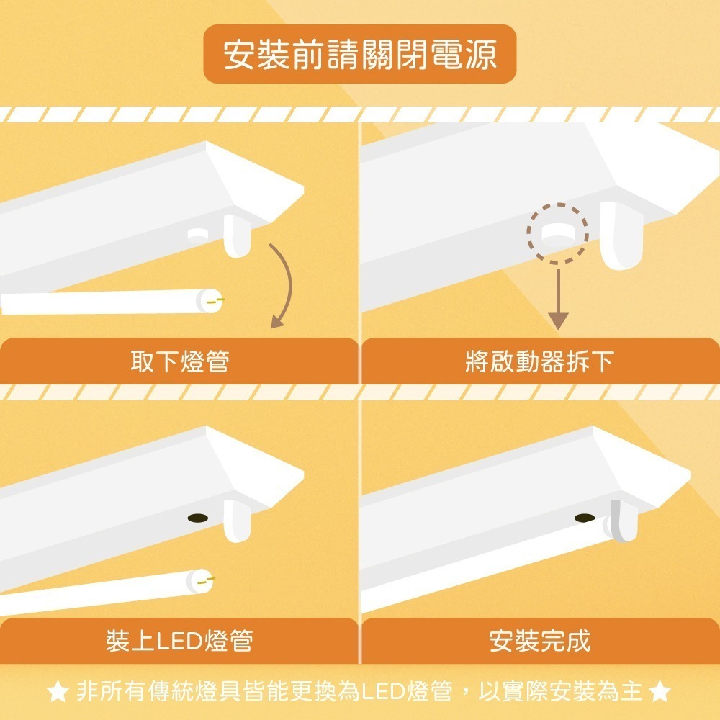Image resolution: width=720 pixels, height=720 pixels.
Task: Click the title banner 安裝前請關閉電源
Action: [359, 55]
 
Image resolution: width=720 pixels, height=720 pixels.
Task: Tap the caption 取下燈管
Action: [179, 361]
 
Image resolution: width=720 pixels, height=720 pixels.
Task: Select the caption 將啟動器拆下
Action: [539, 361]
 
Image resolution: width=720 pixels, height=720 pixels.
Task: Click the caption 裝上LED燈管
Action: [179, 640]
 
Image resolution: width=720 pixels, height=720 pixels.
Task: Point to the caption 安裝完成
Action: [539, 640]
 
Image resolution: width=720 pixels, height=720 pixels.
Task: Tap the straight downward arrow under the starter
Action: [558, 299]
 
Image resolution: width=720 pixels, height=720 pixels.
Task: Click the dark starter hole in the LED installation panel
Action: [197, 518]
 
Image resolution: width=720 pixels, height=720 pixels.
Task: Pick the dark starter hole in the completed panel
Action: [585, 518]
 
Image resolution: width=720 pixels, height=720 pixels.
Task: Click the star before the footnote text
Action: [57, 693]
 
